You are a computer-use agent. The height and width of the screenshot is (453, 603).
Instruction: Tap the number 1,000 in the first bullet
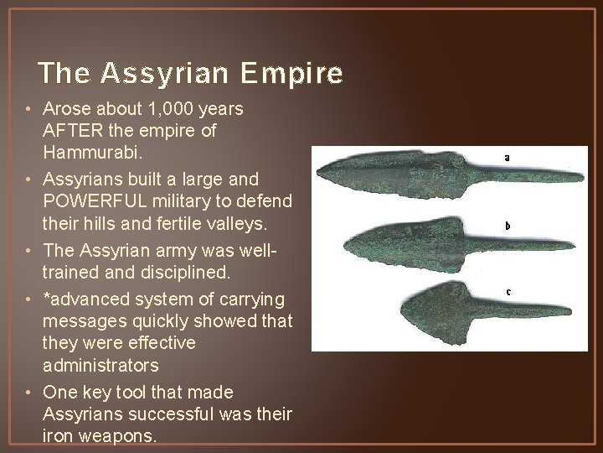[x=171, y=109]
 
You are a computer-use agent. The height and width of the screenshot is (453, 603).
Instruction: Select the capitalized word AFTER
[x=71, y=131]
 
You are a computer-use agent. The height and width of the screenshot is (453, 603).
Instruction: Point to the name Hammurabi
[x=87, y=154]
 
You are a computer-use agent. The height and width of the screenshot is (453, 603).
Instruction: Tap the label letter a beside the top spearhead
[x=507, y=157]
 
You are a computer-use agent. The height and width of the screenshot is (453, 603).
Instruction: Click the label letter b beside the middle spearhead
[x=507, y=225]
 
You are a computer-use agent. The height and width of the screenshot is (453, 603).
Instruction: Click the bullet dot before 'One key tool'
[x=29, y=393]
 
